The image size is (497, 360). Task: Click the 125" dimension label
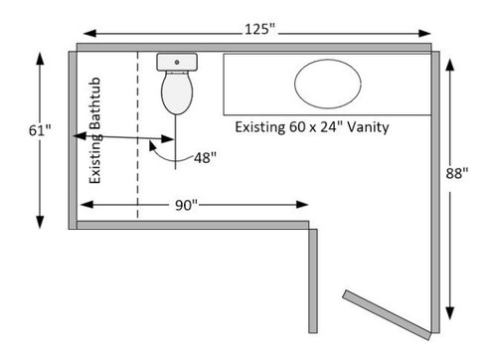click(x=260, y=29)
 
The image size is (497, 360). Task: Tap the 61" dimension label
click(x=40, y=130)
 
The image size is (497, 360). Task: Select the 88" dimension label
click(x=457, y=173)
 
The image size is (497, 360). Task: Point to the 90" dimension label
click(x=186, y=205)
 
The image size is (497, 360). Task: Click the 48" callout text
click(x=206, y=158)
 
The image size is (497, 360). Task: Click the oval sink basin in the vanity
click(x=328, y=84)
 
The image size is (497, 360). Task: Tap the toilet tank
click(x=177, y=62)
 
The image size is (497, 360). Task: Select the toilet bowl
click(x=177, y=92)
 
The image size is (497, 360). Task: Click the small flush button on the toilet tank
click(x=177, y=62)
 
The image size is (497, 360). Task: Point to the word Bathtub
click(x=95, y=103)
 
